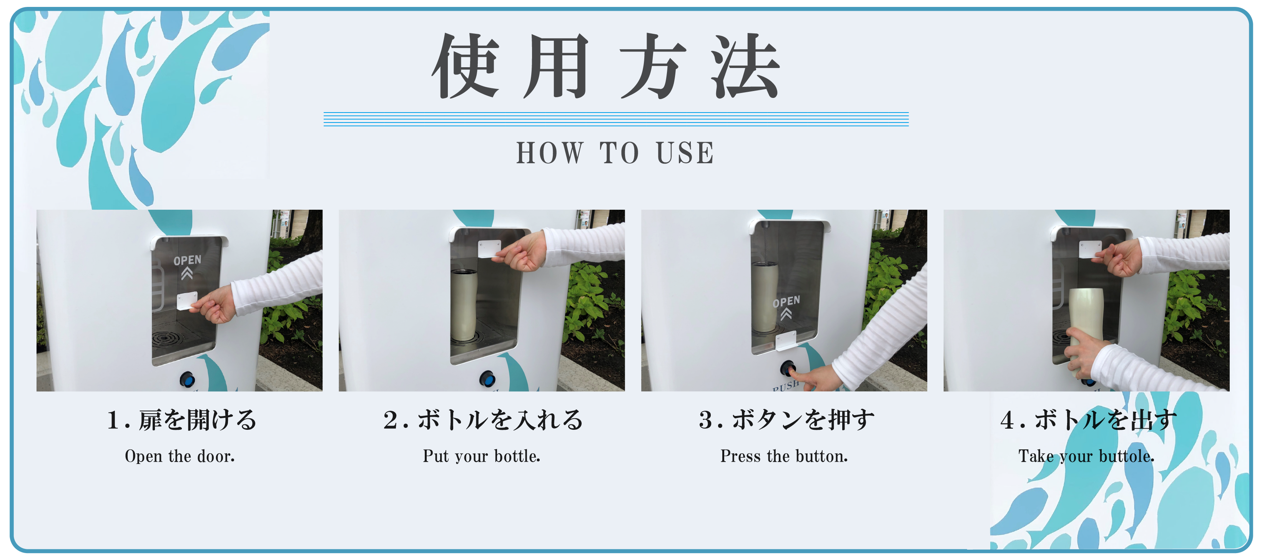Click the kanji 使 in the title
[x=466, y=66]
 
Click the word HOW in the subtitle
[x=550, y=153]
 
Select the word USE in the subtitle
[x=685, y=153]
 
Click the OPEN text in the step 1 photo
[x=187, y=260]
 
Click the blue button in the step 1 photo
[x=187, y=379]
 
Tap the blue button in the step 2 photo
[x=487, y=378]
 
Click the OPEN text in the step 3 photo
[x=786, y=302]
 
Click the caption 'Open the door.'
[x=180, y=456]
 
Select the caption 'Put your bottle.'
[x=482, y=456]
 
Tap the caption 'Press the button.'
[x=784, y=456]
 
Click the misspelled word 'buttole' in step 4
[x=1126, y=456]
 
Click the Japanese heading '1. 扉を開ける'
[x=182, y=420]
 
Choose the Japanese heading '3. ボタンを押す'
[x=786, y=420]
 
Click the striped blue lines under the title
[x=616, y=119]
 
